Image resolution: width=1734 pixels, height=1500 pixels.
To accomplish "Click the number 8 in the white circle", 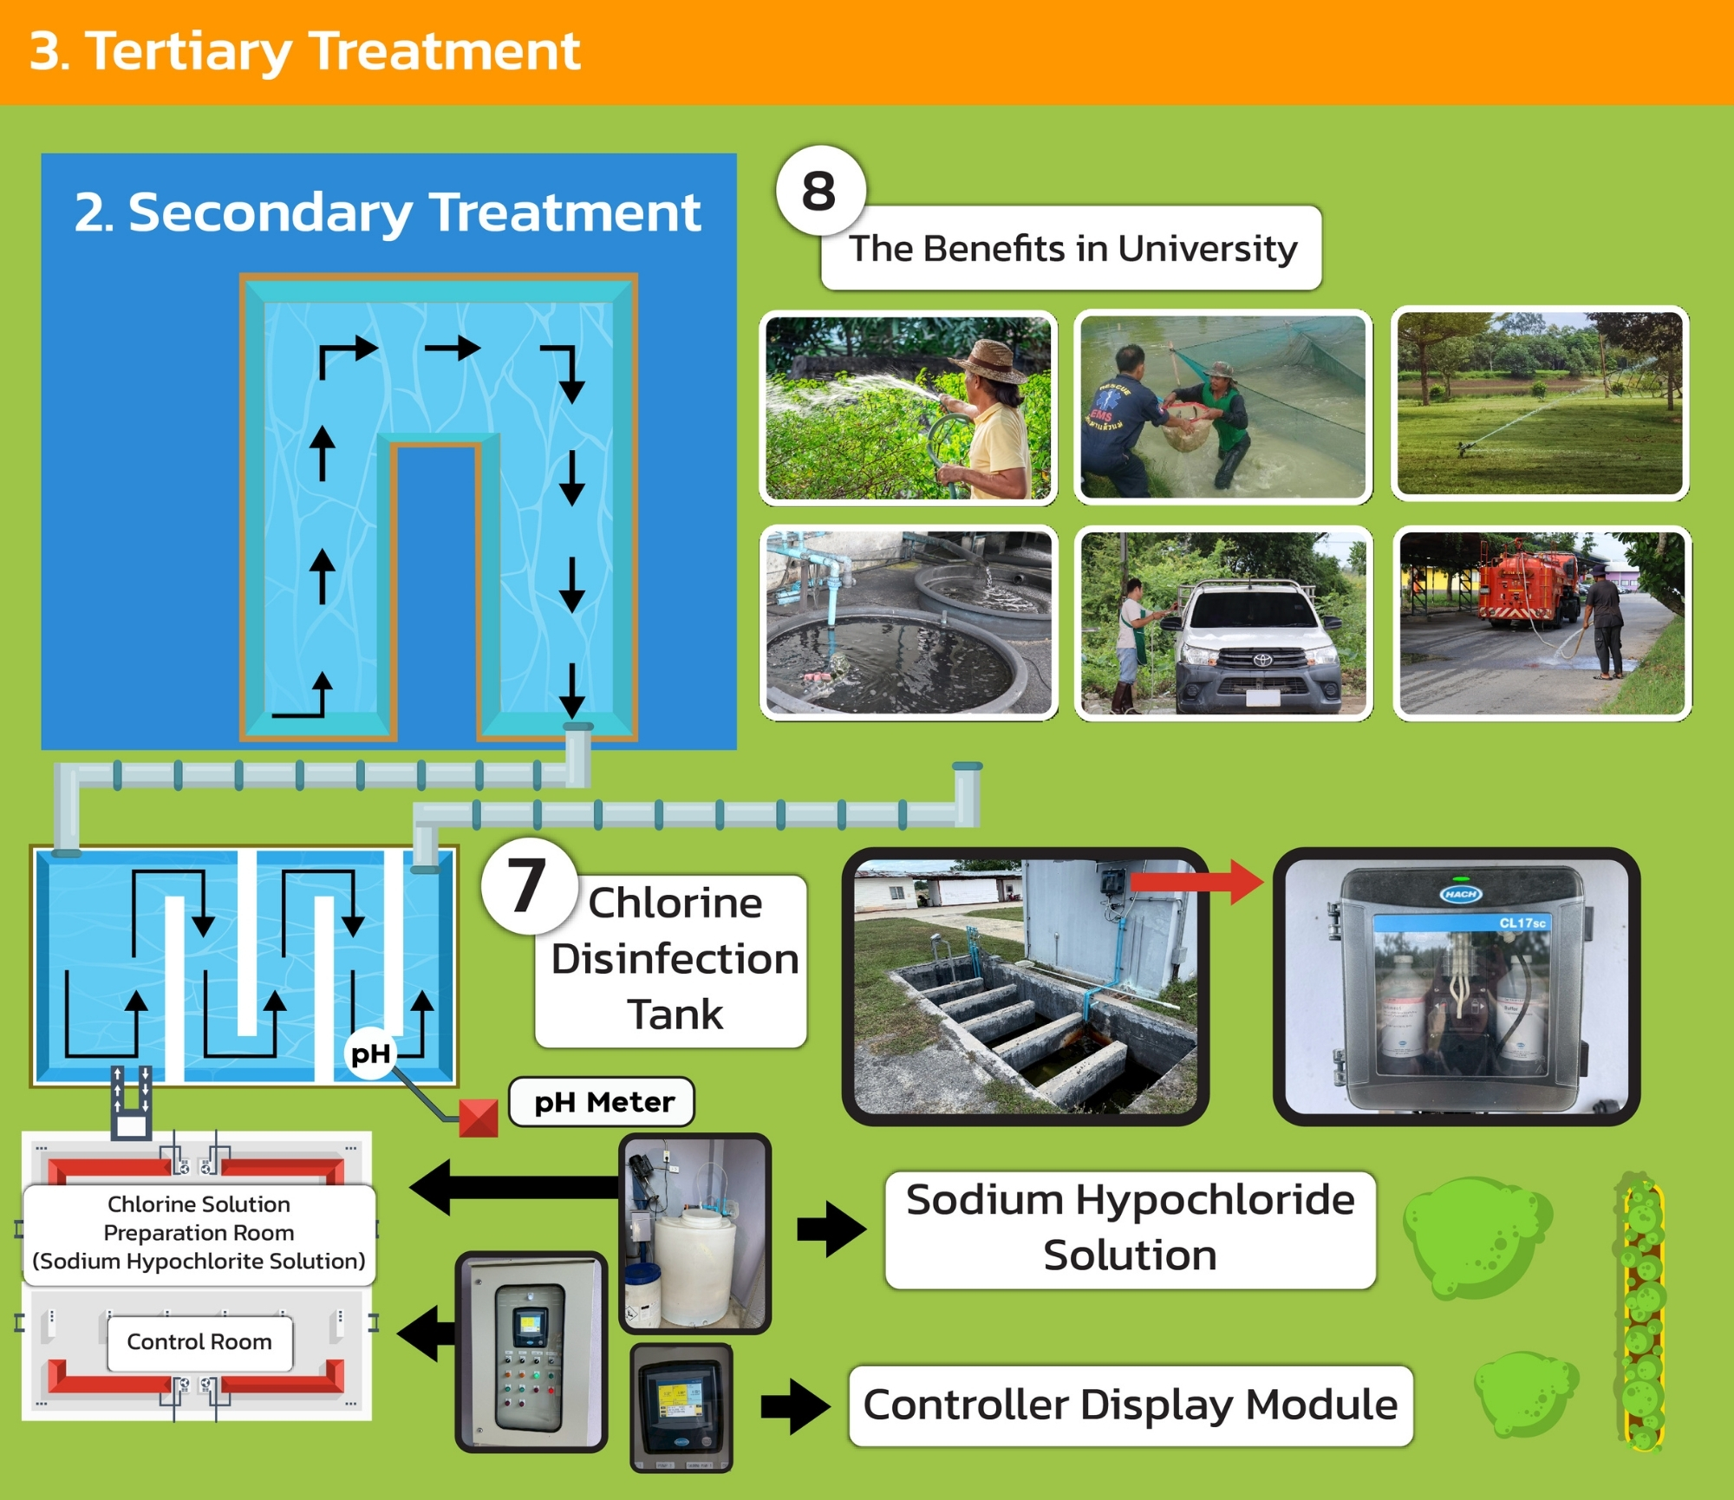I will point(819,192).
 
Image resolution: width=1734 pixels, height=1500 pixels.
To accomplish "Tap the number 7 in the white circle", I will point(527,886).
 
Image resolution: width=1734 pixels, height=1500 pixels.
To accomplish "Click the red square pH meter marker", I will point(478,1118).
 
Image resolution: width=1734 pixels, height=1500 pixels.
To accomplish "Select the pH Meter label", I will point(603,1102).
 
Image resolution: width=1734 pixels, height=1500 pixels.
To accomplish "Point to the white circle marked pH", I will point(370,1054).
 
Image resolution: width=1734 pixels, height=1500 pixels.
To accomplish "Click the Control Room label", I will point(199,1342).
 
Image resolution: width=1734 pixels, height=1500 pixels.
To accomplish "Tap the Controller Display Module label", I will point(1130,1405).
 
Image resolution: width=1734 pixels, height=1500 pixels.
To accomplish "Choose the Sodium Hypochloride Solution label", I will point(1130,1228).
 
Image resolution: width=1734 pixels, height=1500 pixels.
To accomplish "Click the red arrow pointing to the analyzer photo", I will point(1196,883).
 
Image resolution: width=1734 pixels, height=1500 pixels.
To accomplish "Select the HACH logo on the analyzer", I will point(1461,894).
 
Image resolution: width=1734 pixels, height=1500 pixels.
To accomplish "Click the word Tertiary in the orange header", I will point(189,52).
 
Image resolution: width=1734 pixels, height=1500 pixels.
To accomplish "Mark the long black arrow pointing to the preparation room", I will point(516,1186).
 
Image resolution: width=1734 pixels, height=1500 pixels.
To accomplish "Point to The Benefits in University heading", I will point(1072,249).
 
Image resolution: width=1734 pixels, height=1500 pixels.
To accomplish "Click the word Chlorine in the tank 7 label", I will point(675,903).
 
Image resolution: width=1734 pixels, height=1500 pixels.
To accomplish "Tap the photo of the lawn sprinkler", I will point(1540,403).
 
